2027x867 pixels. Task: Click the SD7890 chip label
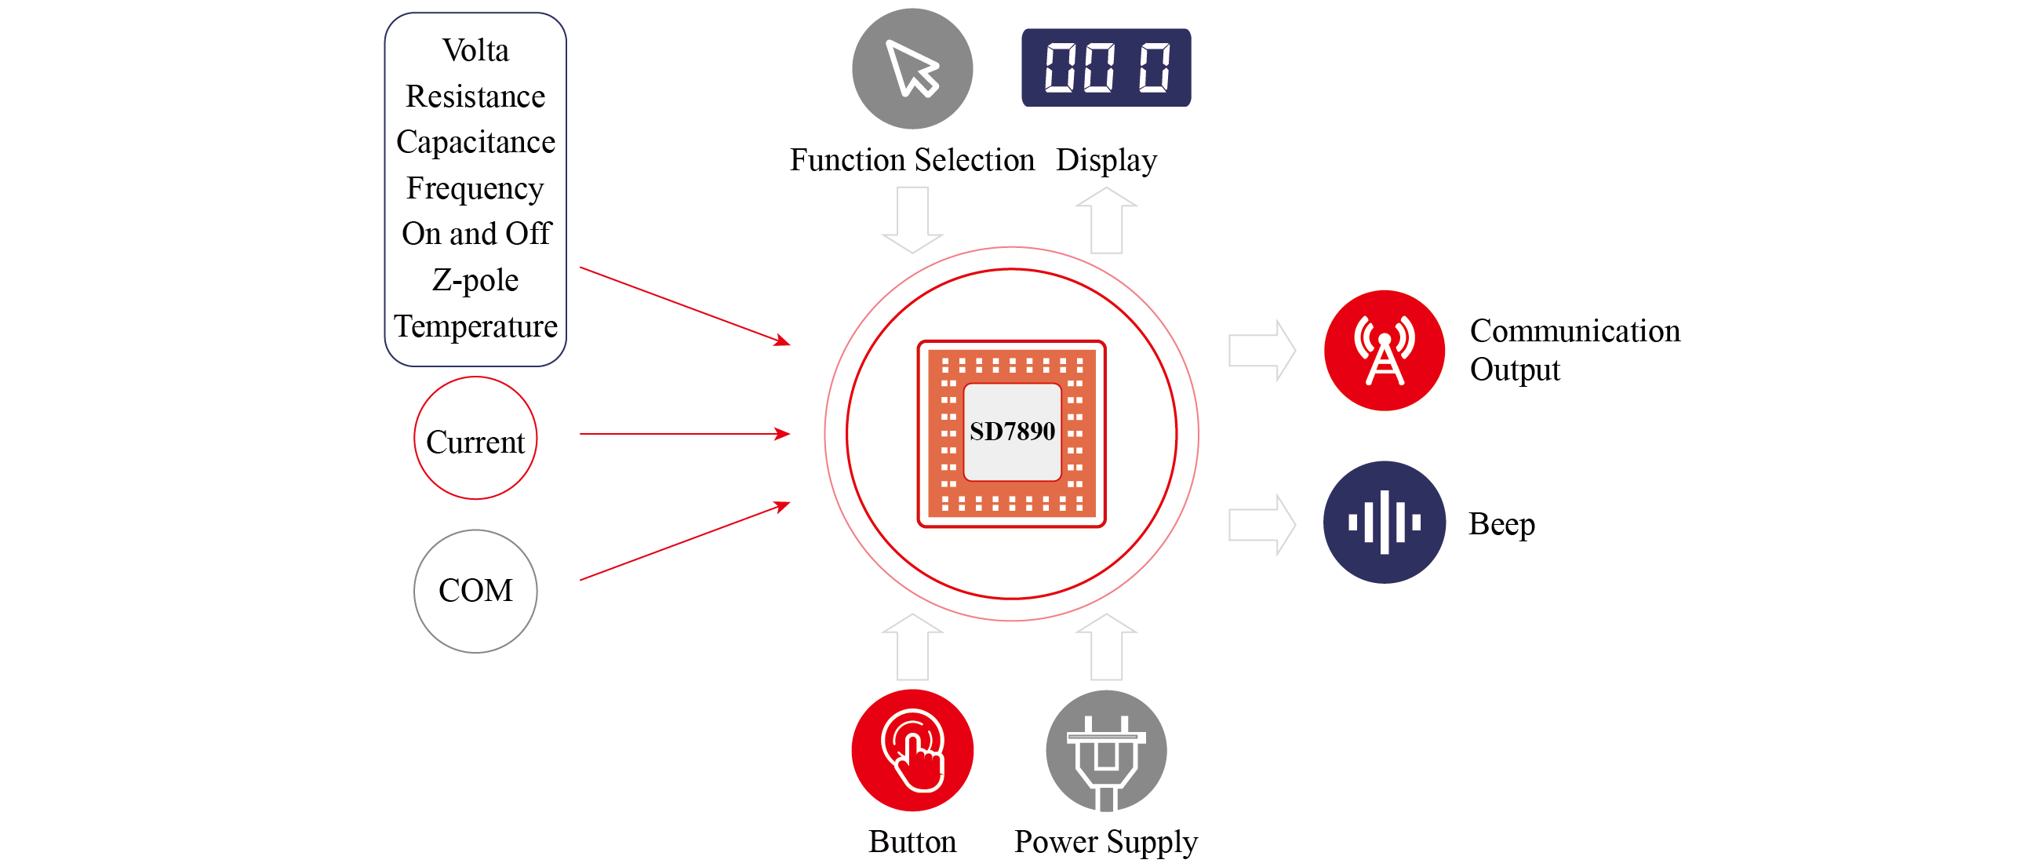click(1012, 432)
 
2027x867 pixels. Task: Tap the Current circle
click(475, 439)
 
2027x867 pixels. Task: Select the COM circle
click(475, 591)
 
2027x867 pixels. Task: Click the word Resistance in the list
click(475, 96)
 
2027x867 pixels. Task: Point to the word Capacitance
click(475, 141)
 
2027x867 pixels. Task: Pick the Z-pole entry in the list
click(475, 280)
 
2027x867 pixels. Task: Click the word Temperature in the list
click(475, 326)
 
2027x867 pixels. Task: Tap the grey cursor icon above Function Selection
click(912, 68)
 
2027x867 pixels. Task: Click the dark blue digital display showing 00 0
click(1105, 67)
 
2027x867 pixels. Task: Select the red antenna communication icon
click(1384, 350)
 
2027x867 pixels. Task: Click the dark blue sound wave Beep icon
click(1384, 523)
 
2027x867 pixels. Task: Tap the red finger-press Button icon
click(912, 750)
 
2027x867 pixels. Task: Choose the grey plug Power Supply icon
click(1105, 751)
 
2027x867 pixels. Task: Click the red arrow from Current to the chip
click(685, 433)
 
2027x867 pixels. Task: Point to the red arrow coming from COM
click(685, 542)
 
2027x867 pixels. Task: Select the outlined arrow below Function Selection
click(912, 220)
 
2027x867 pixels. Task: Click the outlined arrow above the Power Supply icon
click(1105, 647)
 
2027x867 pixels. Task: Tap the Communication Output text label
click(1574, 350)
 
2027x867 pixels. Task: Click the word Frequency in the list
click(475, 188)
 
